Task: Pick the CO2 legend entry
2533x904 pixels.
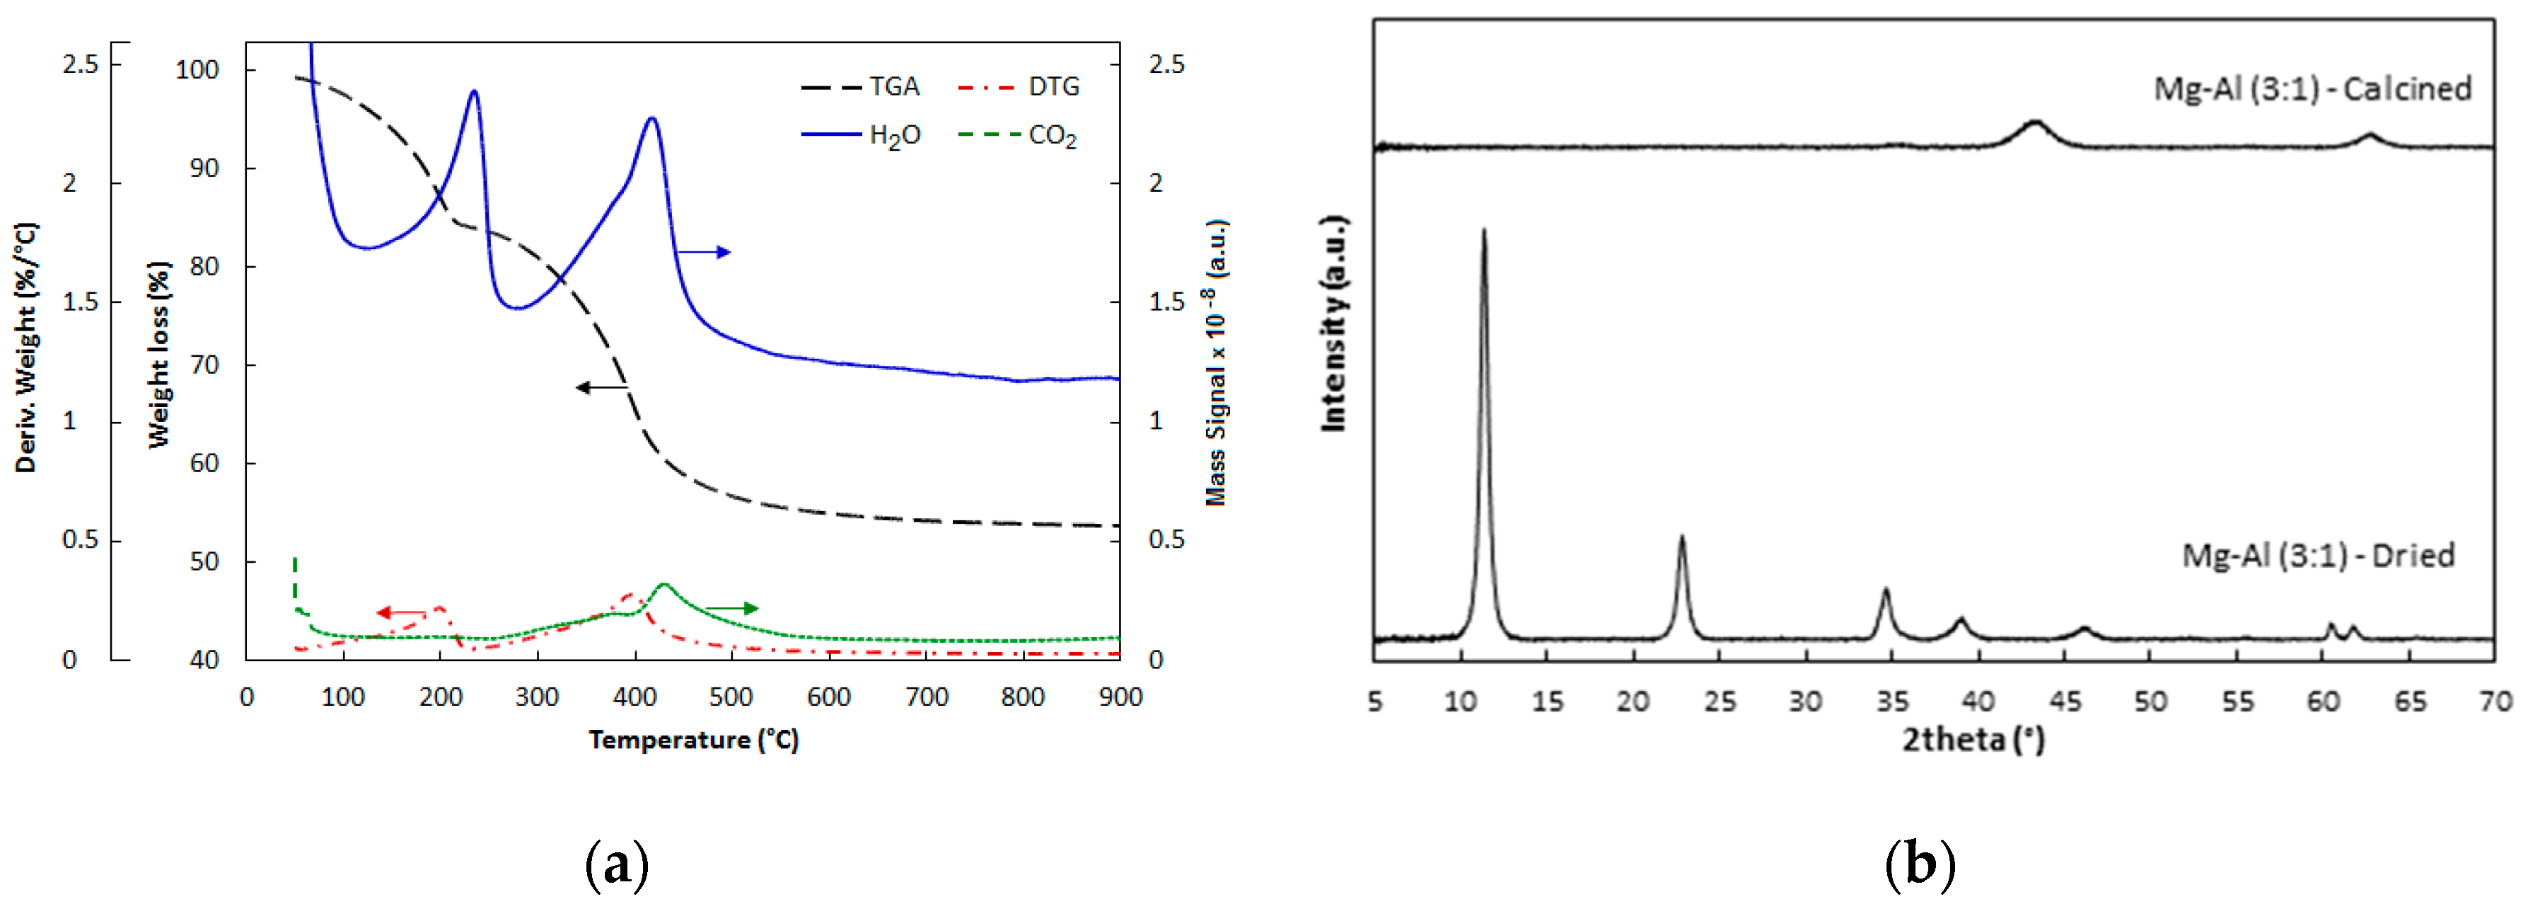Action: point(1020,135)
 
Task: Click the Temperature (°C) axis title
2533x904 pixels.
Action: point(693,740)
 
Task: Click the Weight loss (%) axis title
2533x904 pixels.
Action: point(159,354)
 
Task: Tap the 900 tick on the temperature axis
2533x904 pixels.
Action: point(1120,697)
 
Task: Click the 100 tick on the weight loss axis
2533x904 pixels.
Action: point(197,70)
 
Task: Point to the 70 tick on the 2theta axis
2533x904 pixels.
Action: point(2496,702)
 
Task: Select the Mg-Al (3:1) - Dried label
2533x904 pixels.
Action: point(2318,556)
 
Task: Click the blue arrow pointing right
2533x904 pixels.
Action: point(704,253)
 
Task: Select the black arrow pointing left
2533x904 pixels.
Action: point(600,387)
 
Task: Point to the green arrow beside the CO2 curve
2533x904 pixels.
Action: point(733,609)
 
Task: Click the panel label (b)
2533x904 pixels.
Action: point(1920,864)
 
